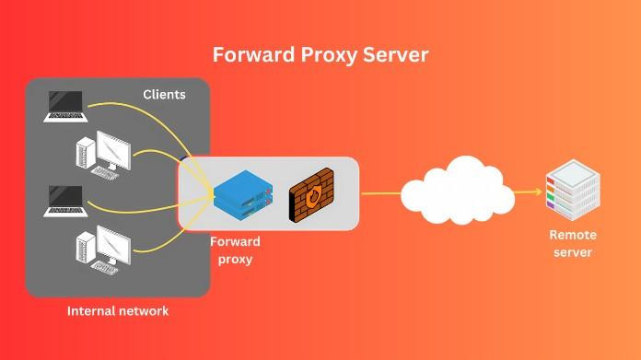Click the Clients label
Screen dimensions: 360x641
[164, 95]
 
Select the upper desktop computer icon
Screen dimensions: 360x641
[103, 153]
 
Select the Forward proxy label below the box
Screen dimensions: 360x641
[235, 250]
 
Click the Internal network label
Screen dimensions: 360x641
[118, 311]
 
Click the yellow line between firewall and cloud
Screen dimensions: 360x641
[379, 193]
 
